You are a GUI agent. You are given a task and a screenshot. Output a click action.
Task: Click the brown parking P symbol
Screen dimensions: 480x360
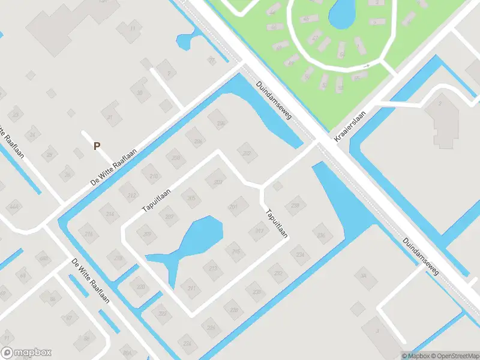[97, 145]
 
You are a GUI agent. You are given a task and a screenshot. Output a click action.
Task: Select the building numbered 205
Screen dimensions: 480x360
[191, 198]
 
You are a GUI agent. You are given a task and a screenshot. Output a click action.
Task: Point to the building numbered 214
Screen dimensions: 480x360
[109, 214]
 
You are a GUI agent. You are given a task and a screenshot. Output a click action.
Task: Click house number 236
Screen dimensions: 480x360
[322, 235]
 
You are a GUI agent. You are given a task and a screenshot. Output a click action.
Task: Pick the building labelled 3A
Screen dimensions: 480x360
[362, 276]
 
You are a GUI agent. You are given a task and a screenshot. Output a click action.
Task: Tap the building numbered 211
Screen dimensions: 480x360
[192, 289]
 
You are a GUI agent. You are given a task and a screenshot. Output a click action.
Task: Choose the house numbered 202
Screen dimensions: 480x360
[246, 152]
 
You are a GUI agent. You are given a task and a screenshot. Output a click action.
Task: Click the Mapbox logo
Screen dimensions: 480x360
[26, 353]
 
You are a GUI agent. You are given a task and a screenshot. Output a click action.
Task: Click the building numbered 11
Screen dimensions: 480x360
[132, 28]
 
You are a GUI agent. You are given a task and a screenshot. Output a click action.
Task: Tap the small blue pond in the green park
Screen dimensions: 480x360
[341, 13]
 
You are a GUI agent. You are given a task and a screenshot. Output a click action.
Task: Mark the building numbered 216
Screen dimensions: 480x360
[89, 233]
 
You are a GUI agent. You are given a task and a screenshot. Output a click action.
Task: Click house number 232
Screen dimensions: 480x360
[278, 273]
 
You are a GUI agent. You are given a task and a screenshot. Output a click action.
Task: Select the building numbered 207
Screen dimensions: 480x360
[169, 217]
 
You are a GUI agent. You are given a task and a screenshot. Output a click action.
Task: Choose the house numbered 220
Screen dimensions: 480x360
[141, 287]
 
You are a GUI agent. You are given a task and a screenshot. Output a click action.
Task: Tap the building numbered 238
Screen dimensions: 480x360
[295, 206]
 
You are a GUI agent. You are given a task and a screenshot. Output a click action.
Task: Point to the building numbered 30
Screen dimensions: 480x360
[140, 92]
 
